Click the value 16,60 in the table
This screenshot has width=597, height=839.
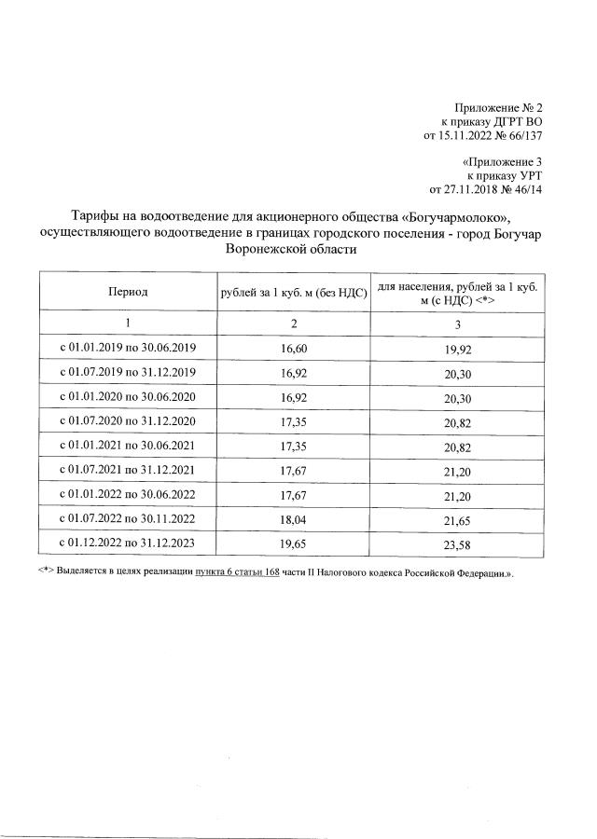[294, 348]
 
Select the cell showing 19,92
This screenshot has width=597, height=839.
[458, 348]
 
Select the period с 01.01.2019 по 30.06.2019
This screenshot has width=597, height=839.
[128, 348]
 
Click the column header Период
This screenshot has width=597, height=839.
[128, 292]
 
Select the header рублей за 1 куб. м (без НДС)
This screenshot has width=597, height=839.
[294, 292]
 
